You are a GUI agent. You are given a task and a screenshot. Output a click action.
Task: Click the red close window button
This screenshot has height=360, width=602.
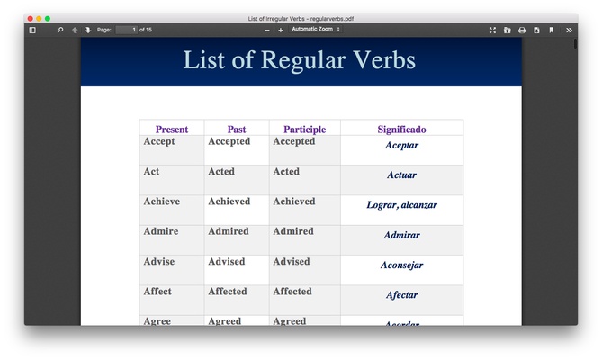pos(30,18)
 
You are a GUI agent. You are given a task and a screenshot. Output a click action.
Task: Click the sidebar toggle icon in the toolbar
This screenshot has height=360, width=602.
pos(32,30)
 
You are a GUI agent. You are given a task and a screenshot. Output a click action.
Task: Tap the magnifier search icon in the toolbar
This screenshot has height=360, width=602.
pos(60,30)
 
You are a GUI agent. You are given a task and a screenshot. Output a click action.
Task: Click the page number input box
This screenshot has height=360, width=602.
pos(126,30)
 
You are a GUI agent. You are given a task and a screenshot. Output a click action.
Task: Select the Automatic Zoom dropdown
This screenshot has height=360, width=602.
pos(315,30)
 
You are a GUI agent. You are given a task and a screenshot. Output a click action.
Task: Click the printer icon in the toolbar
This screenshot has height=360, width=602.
pos(522,30)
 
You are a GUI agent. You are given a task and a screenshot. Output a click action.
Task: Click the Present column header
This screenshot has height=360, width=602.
pos(172,130)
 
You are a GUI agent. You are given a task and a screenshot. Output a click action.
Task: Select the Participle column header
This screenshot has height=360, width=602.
pos(304,130)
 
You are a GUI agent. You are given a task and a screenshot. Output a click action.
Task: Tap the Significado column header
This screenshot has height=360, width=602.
pos(401,130)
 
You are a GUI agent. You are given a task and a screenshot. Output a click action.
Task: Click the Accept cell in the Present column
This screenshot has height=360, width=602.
pos(159,141)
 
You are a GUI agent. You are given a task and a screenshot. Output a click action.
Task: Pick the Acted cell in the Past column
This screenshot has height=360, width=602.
pos(221,172)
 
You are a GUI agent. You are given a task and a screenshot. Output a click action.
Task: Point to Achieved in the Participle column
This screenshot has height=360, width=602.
pos(294,202)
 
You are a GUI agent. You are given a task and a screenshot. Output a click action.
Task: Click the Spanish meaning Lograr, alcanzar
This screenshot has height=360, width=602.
pos(401,205)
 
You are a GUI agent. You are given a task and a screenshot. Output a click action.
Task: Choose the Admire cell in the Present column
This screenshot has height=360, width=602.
pos(161,231)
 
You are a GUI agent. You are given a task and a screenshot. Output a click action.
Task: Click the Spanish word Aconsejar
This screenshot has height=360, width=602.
pos(401,265)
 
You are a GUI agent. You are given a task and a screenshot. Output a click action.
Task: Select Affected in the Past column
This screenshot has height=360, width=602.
pos(228,292)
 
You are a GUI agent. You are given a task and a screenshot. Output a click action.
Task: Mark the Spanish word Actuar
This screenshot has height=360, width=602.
pos(401,175)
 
